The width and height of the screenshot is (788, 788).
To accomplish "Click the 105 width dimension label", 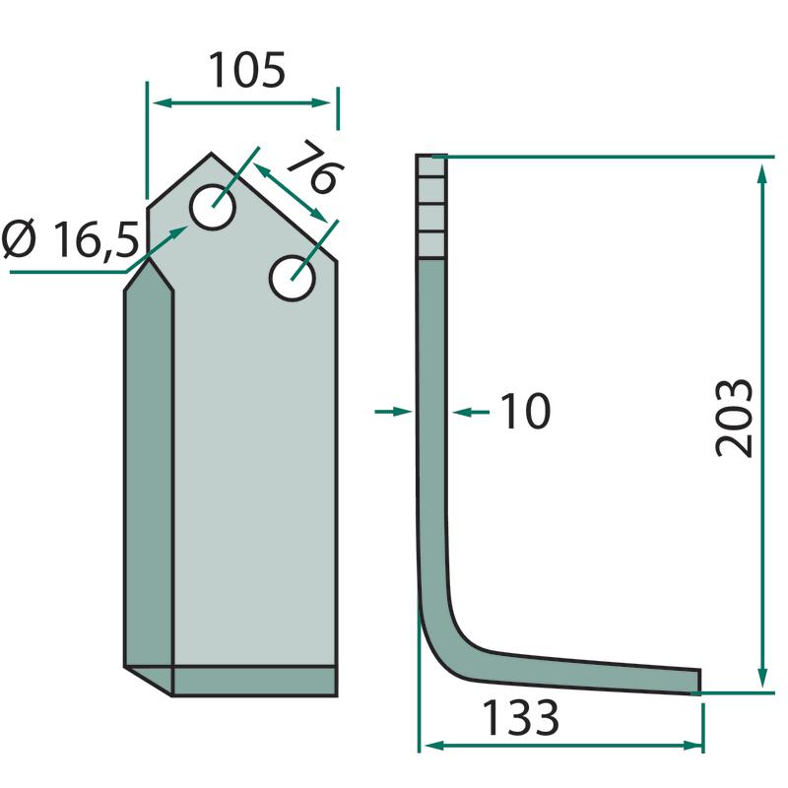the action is (247, 70).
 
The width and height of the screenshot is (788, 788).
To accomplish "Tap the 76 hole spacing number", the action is (316, 167).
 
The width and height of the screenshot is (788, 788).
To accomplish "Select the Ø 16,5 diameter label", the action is (70, 239).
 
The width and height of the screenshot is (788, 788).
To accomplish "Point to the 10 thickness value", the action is (526, 411).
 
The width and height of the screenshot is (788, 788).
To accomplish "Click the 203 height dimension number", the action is (734, 418).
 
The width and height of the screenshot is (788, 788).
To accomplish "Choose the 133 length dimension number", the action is (521, 718).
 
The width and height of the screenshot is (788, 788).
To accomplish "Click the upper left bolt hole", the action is (213, 207).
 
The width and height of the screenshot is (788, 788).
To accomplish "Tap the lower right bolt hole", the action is (292, 279).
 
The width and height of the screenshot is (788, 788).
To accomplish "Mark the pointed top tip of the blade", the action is (211, 153).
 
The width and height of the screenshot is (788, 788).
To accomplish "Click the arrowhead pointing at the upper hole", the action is (179, 231).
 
